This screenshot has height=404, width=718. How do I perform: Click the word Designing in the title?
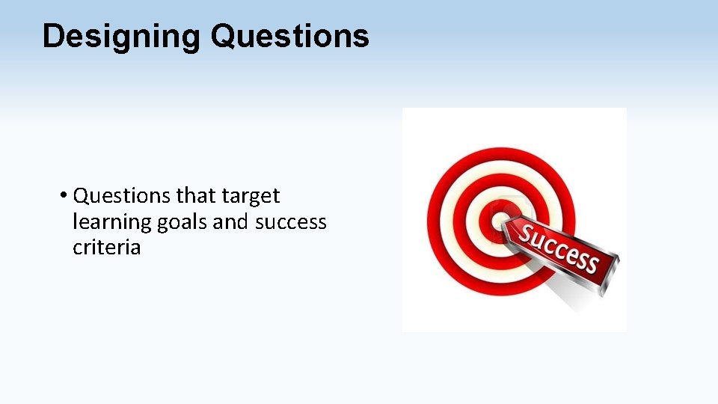121,37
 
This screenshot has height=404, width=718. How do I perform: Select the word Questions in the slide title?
289,36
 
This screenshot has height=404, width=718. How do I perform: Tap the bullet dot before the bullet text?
64,197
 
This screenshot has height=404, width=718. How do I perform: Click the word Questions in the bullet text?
123,197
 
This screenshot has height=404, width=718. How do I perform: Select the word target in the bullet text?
251,197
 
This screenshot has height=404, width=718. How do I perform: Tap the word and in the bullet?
233,222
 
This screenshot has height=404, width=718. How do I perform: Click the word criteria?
106,248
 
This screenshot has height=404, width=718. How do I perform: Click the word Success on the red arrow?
559,248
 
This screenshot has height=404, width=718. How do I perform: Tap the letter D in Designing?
53,36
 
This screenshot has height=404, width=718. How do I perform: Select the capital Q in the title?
223,36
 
